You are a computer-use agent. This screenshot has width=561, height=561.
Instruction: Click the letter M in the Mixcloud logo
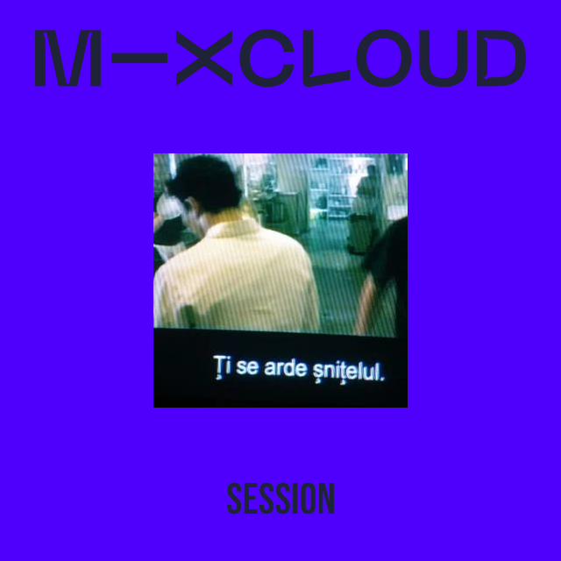point(67,59)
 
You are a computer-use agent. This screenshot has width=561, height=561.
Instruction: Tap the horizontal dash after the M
point(139,59)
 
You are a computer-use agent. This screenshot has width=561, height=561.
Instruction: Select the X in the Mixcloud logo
point(204,59)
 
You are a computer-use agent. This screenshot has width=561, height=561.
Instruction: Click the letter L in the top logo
point(326,59)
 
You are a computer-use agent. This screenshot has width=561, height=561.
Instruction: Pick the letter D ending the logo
point(501,59)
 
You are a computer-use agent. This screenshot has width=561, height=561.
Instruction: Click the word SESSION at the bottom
point(280,499)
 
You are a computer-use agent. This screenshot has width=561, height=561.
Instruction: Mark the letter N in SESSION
point(326,499)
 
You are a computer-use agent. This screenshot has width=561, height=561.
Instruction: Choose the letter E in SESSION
point(252,499)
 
